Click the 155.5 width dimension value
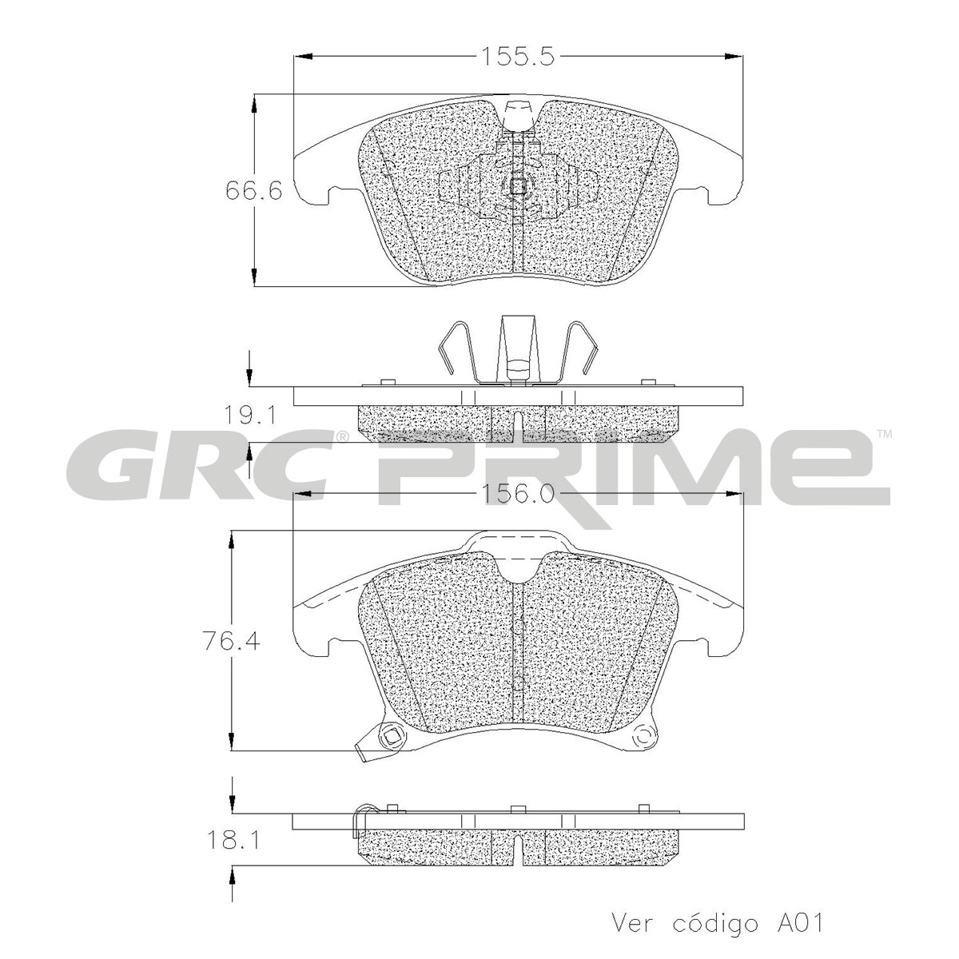[x=517, y=57]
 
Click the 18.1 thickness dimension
[x=230, y=840]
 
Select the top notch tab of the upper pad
[x=519, y=114]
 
